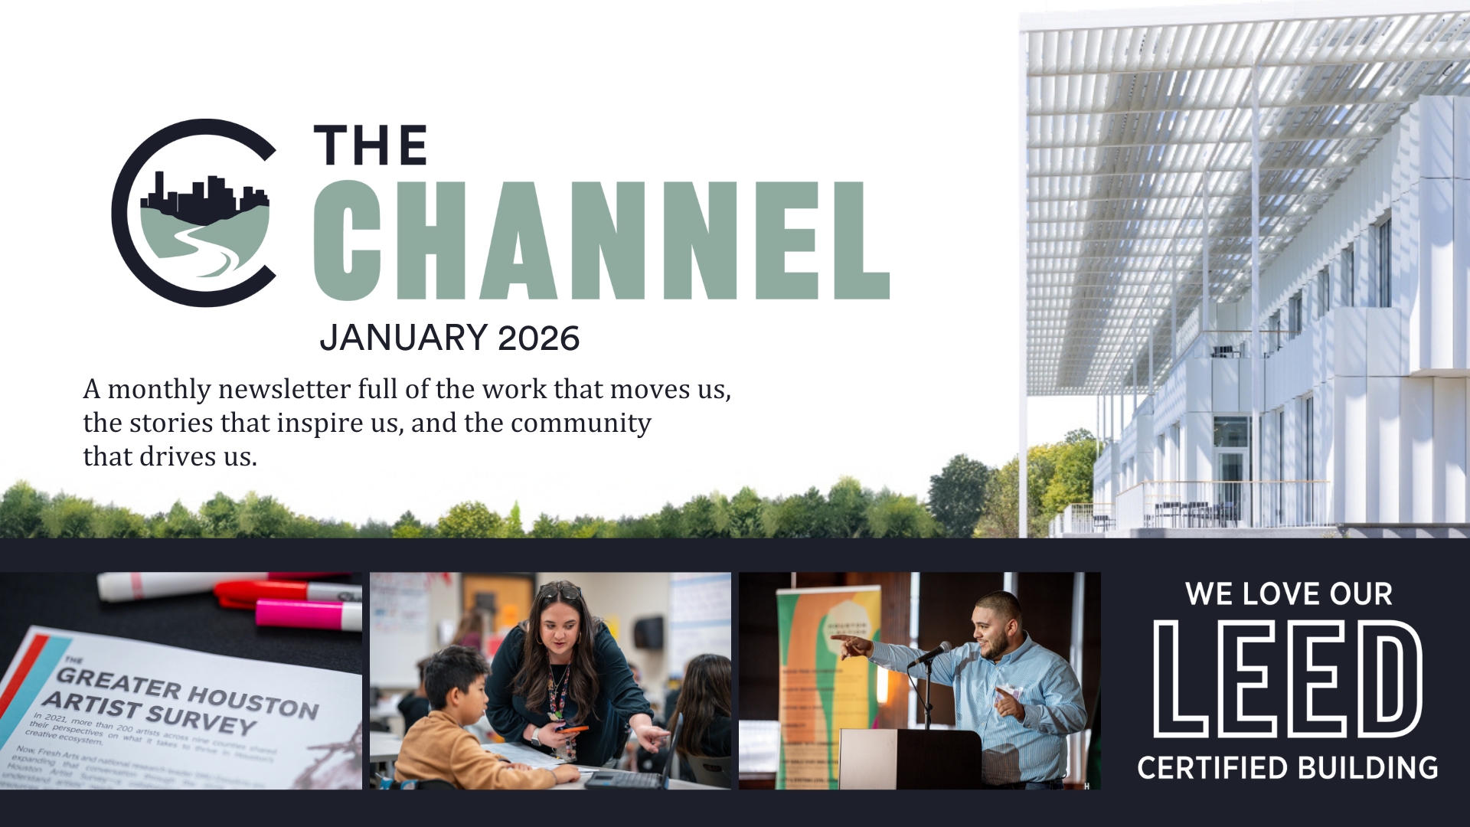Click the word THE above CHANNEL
coord(371,145)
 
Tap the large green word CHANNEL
coord(601,240)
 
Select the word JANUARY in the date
coord(403,338)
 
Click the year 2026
coord(538,338)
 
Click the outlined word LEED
coord(1288,679)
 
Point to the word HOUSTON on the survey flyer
coord(253,701)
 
